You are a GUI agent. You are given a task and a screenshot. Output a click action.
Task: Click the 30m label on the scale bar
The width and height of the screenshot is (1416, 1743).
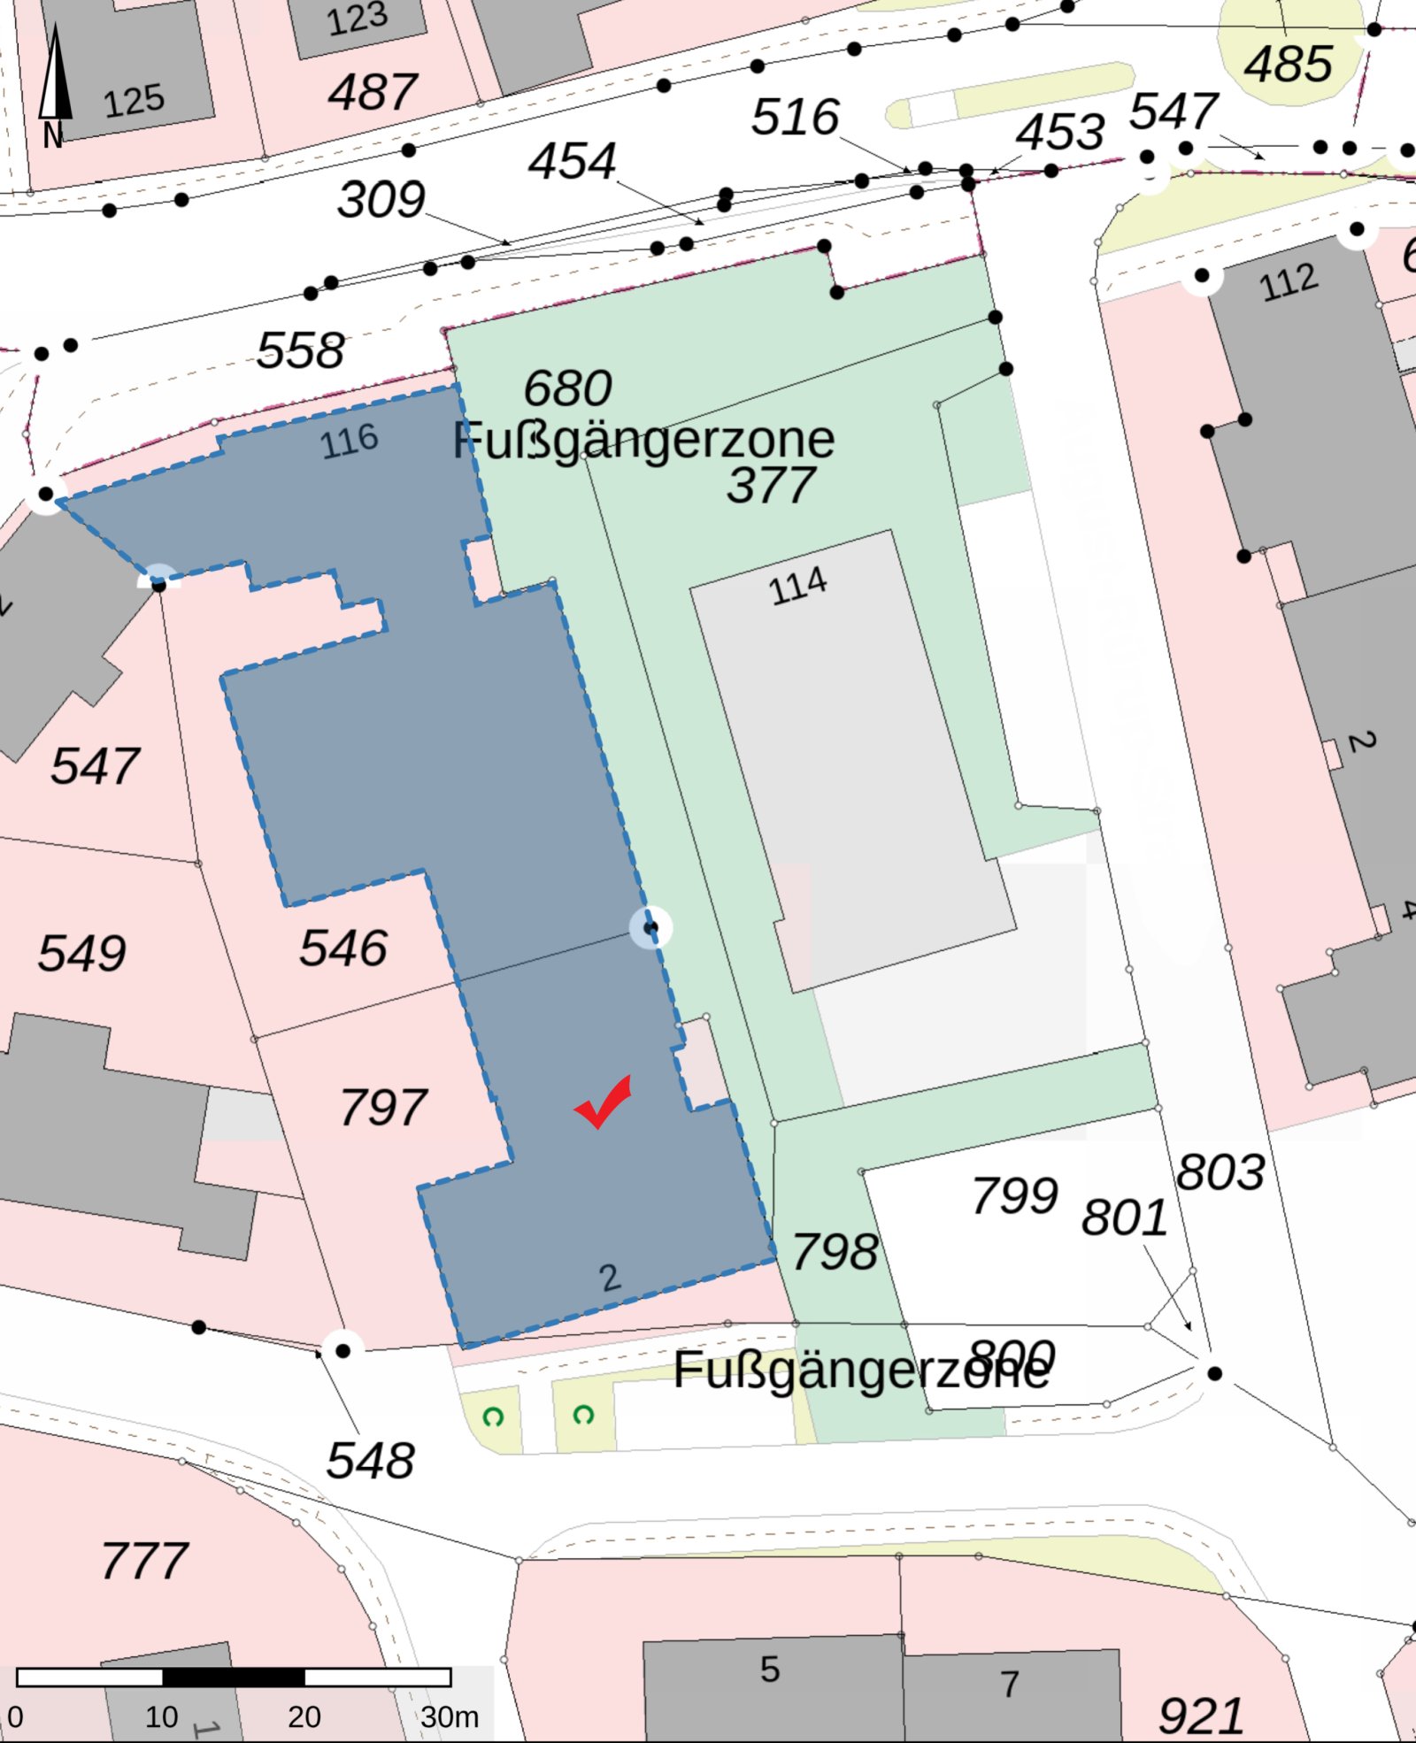point(449,1717)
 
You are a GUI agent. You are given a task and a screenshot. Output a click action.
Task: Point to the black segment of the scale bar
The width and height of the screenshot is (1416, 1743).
point(234,1677)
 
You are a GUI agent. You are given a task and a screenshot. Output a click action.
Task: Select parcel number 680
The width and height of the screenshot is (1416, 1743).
point(567,388)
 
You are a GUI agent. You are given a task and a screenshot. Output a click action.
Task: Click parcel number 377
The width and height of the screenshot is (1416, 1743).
point(771,485)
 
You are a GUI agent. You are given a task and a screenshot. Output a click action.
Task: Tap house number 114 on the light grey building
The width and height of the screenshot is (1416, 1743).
point(797,586)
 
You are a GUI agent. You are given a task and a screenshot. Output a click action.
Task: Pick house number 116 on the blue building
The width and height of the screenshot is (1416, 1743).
point(350,441)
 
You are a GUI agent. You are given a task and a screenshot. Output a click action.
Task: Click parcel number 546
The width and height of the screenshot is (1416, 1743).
point(342,948)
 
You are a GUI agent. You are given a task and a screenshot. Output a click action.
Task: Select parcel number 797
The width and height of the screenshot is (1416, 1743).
point(383,1107)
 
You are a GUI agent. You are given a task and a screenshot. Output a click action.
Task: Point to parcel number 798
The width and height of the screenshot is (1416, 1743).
point(835,1251)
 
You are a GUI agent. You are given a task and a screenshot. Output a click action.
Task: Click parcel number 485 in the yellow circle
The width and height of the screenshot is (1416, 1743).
point(1288,64)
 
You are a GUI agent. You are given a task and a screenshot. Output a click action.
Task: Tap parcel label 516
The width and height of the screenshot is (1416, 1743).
point(795,117)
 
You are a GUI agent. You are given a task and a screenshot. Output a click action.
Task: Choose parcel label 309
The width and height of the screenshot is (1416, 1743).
point(381,199)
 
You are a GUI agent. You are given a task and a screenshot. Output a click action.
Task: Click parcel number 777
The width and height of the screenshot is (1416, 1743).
point(144,1560)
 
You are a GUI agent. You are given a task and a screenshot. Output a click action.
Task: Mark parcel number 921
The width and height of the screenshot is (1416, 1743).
point(1201,1716)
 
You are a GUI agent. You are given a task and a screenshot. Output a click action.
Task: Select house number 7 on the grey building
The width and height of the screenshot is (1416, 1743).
point(1010,1683)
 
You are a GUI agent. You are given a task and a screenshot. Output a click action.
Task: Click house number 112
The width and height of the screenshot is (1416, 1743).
point(1289,283)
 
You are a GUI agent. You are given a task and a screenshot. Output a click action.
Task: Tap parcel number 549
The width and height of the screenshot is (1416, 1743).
point(81,953)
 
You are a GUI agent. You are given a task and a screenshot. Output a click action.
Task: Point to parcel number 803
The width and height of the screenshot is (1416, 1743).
point(1220,1172)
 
